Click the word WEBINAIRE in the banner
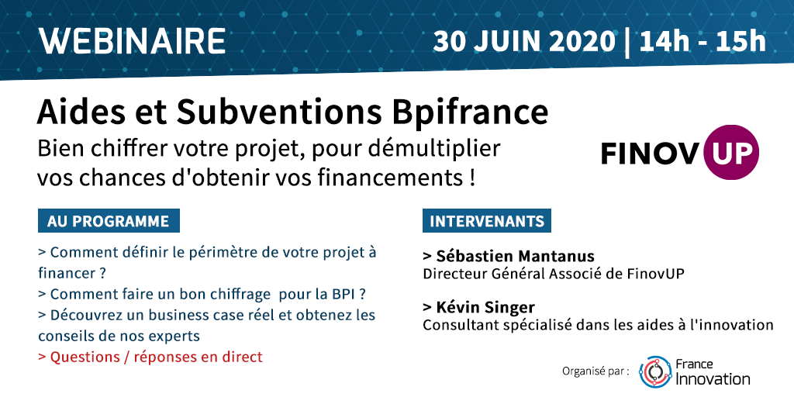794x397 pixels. tap(133, 41)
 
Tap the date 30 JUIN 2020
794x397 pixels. tap(524, 42)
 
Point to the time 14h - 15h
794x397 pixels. tap(703, 42)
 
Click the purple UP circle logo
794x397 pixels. tap(731, 152)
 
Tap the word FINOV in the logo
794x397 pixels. tap(651, 154)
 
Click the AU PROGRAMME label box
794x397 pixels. tap(109, 221)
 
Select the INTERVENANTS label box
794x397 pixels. tap(487, 221)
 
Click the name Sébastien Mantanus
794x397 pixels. tap(509, 256)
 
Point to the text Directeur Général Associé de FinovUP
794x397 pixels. tap(554, 274)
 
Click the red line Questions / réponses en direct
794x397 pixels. tap(150, 357)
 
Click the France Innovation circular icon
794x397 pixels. tap(655, 371)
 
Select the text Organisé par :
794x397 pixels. tap(596, 371)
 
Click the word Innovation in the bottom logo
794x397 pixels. tap(713, 378)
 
